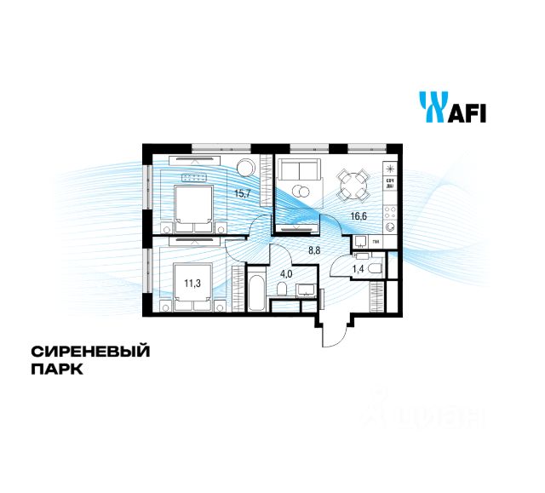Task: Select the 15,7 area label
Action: coord(244,193)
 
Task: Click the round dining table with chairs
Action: coord(351,183)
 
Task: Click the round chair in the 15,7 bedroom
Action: coord(244,166)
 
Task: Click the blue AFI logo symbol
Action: coord(431,106)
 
